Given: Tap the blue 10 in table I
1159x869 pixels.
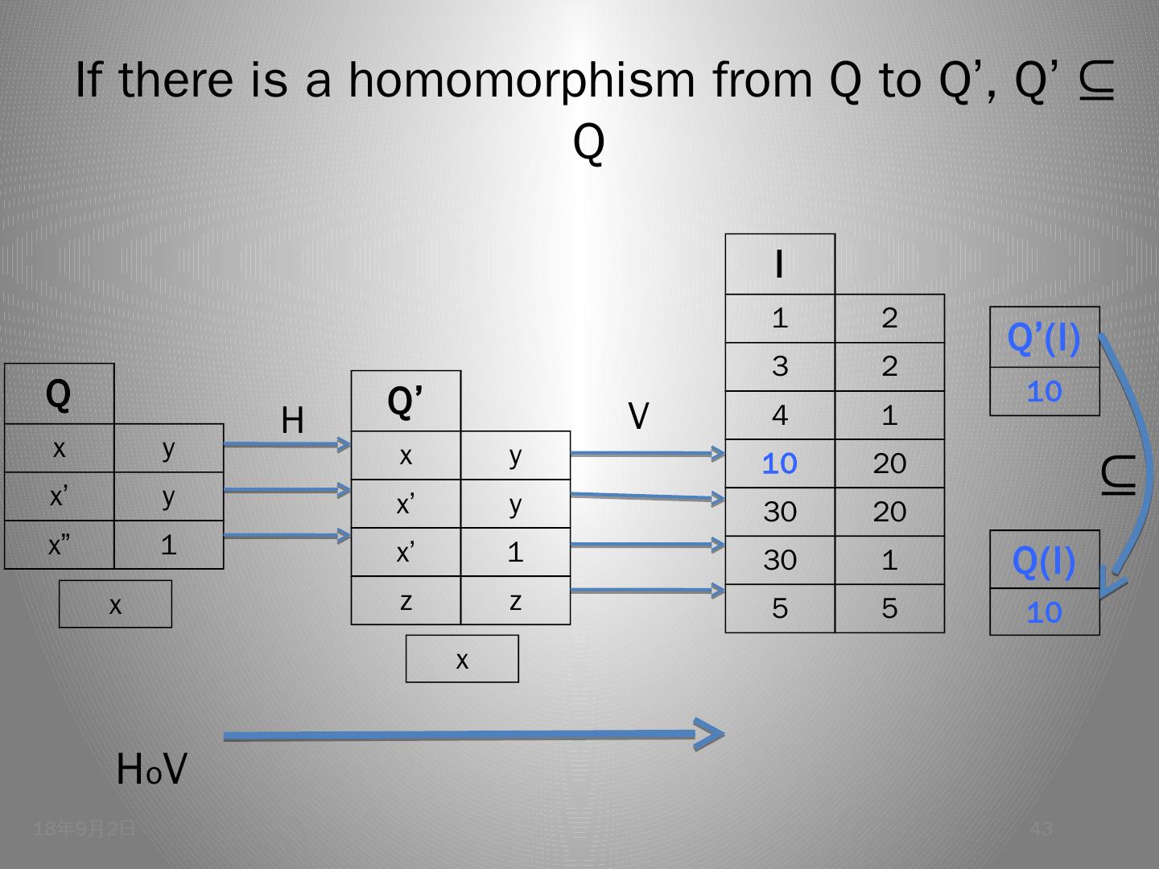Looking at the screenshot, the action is (779, 463).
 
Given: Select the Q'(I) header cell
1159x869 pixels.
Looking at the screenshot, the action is (1044, 338).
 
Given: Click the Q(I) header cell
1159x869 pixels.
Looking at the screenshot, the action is (1044, 561).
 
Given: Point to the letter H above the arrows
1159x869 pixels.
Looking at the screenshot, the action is (293, 420).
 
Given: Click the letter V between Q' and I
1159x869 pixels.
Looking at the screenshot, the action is (638, 416).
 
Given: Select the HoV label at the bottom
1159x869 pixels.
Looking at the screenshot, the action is (151, 770).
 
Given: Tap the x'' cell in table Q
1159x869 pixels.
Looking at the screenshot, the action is (59, 546).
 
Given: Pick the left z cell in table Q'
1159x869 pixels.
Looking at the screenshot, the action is (406, 600).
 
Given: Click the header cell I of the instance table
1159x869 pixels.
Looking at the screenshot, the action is (779, 265).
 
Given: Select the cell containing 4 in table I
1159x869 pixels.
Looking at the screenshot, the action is (779, 415).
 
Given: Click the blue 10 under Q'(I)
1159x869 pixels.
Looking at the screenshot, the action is (1044, 392).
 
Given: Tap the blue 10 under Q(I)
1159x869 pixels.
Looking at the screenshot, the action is (1044, 613).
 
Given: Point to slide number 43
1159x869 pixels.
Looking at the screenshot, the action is (1041, 829).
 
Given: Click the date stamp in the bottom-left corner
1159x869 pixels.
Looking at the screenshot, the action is (85, 829).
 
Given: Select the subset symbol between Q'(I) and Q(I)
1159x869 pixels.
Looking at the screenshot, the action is (1119, 475).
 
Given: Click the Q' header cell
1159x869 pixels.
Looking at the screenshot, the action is (406, 402).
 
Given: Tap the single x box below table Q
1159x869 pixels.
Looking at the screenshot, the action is (116, 604).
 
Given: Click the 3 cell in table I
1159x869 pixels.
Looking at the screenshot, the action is (779, 367).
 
